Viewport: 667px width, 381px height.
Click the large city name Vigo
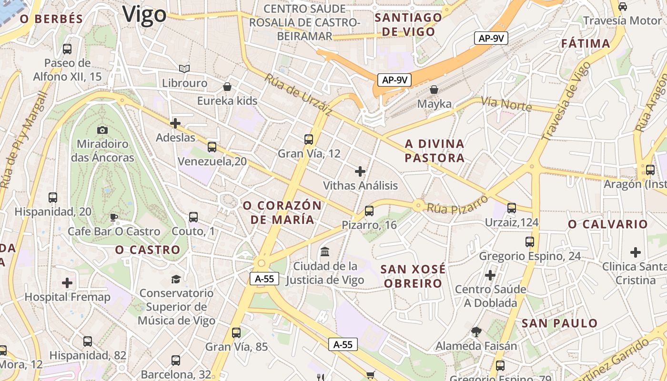[144, 14]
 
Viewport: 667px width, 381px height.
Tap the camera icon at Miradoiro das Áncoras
[102, 130]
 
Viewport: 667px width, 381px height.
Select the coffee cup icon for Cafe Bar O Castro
[114, 218]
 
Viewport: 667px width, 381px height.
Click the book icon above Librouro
[184, 69]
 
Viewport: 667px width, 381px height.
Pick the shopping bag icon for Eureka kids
[227, 87]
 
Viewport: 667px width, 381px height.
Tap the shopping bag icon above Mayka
[434, 90]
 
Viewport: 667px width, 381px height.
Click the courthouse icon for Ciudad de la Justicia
[325, 251]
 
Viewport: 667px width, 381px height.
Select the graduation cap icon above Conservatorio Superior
[176, 279]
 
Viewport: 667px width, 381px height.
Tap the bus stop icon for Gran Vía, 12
[309, 140]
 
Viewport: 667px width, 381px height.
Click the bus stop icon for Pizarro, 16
[369, 211]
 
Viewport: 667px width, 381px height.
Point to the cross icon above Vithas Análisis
[360, 171]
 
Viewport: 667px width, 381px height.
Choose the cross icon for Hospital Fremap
[67, 283]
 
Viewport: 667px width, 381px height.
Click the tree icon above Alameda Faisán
[475, 332]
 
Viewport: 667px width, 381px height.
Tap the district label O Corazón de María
[283, 212]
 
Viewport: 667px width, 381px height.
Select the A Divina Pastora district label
[434, 150]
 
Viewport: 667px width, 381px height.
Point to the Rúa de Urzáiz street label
[298, 94]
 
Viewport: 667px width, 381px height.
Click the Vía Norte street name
[506, 103]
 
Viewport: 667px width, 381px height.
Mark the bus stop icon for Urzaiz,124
[511, 208]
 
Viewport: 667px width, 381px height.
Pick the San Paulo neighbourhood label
[559, 323]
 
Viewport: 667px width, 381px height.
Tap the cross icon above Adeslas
[175, 123]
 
